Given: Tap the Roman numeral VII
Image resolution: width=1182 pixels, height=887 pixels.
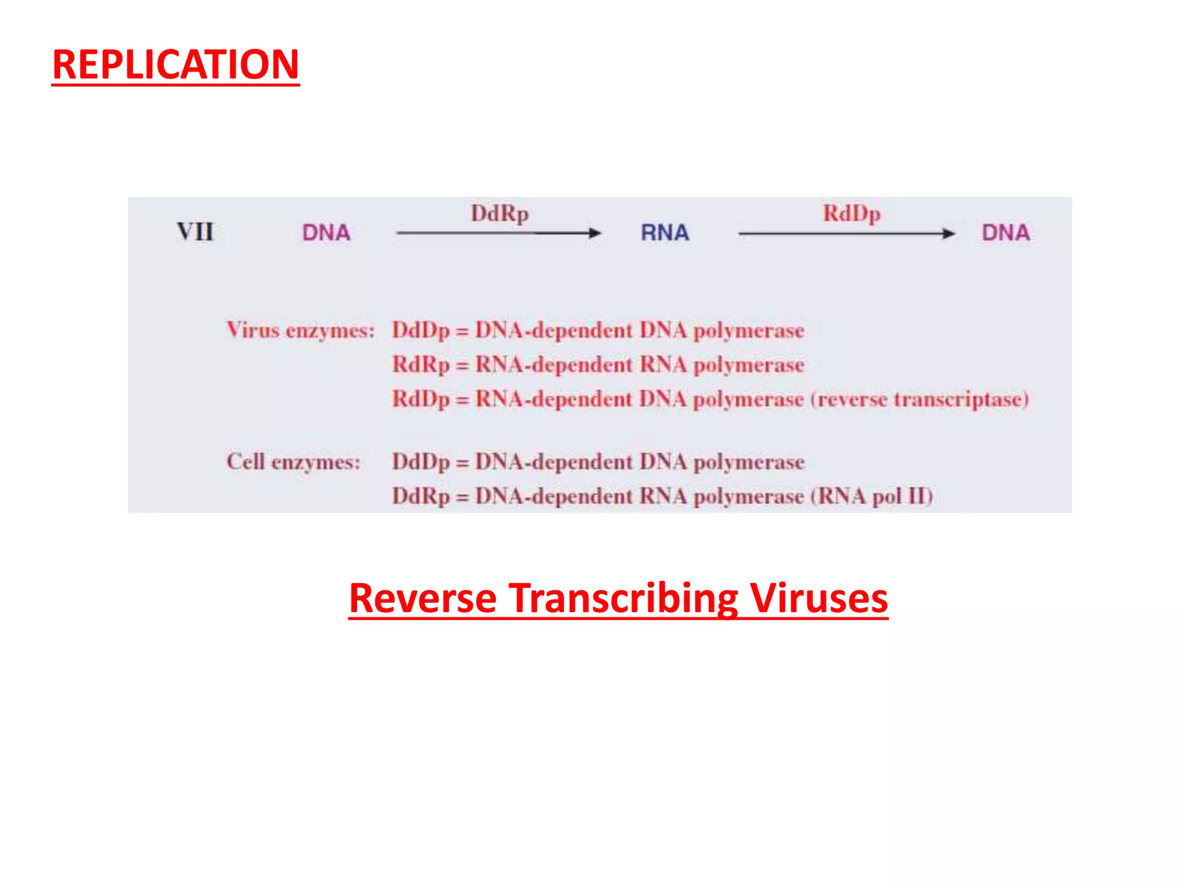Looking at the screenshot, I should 195,232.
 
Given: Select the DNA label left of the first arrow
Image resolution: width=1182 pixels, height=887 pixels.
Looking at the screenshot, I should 326,233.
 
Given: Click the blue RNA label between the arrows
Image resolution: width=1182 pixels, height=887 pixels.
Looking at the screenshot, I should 665,233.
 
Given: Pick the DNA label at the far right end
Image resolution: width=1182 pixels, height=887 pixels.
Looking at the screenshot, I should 1005,233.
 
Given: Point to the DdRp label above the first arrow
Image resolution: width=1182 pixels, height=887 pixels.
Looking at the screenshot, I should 499,214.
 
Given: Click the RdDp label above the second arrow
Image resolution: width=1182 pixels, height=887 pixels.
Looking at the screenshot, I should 851,214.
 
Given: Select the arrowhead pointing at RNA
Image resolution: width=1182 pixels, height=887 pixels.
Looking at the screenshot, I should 594,233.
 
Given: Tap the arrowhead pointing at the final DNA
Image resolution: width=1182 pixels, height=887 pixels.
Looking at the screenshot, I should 948,234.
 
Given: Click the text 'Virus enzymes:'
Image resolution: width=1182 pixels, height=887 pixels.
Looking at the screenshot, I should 301,330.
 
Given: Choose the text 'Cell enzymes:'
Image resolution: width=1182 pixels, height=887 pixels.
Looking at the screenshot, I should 293,462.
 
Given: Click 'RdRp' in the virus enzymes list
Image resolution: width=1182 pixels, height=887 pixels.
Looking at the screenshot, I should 421,365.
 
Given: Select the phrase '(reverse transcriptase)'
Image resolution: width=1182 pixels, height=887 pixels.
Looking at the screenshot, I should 920,400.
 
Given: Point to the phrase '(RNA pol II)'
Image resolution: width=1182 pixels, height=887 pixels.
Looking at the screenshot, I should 871,497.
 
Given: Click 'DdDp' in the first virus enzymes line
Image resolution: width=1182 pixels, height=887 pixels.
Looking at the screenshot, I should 421,330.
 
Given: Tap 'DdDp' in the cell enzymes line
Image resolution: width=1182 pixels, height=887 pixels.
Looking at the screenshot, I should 421,462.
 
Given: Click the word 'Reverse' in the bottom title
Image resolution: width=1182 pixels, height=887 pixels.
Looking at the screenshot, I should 422,598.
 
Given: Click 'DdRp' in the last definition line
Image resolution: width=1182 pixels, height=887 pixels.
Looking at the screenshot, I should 421,497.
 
